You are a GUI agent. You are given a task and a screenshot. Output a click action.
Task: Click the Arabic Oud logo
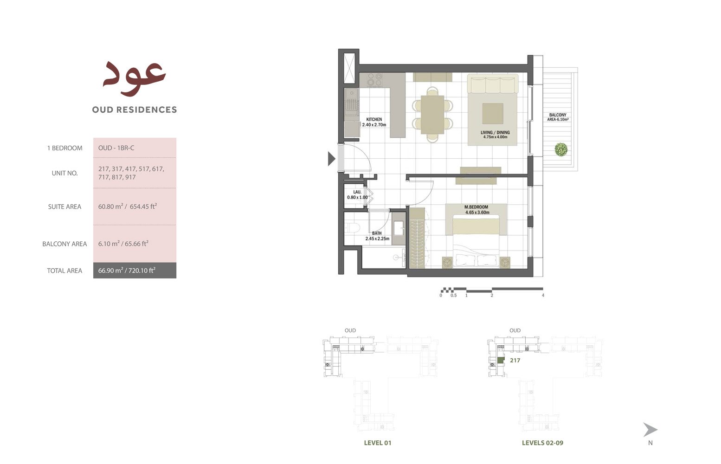pos(134,78)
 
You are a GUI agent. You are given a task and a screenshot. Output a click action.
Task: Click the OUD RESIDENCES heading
pos(135,110)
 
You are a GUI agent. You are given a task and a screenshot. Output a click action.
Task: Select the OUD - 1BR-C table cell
pos(135,148)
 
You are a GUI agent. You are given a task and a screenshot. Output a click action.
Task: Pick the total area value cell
pos(135,271)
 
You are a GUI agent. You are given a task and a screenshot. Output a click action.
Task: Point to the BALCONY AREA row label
pos(64,244)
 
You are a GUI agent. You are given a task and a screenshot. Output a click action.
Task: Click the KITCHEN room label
pos(374,119)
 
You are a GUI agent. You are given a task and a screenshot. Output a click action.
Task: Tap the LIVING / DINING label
pos(495,132)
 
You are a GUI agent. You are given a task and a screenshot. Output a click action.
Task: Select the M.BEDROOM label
pos(476,207)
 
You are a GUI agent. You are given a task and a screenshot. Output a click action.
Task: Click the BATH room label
pos(377,233)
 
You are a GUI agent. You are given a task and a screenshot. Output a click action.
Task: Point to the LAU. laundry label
pos(357,192)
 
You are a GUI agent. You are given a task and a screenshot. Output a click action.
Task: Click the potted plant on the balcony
pos(561,149)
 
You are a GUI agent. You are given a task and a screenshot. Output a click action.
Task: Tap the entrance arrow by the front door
pos(332,158)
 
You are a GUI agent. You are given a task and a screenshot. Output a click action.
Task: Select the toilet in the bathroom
pos(352,228)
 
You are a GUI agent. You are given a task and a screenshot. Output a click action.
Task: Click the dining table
pos(432,115)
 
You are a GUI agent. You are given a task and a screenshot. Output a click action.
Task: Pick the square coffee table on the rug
pos(492,113)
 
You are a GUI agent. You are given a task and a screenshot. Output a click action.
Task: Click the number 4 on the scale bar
pos(543,295)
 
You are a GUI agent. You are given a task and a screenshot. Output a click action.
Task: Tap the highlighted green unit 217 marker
pos(501,361)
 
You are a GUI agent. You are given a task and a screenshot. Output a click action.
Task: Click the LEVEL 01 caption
pos(378,443)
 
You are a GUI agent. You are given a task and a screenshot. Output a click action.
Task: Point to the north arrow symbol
pos(650,430)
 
